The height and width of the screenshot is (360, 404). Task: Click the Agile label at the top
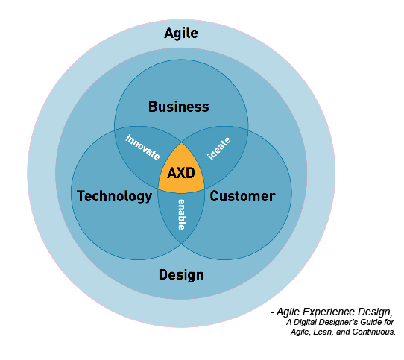tap(181, 34)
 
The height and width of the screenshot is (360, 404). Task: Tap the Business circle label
tap(179, 107)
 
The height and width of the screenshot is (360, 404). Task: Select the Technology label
tap(114, 196)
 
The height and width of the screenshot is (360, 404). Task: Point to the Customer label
tap(242, 196)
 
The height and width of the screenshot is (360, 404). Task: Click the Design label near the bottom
tap(181, 275)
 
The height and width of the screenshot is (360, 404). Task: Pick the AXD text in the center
tap(181, 173)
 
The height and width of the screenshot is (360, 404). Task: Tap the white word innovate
tap(142, 147)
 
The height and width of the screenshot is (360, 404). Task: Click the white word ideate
tap(219, 148)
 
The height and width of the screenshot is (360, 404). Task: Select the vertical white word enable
tap(182, 215)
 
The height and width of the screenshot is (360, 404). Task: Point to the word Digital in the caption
tap(304, 322)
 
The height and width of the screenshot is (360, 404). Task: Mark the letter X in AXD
tap(181, 173)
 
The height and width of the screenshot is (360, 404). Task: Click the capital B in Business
tap(153, 107)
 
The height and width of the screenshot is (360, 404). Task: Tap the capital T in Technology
tap(81, 196)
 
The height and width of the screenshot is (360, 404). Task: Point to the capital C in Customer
tap(214, 196)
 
